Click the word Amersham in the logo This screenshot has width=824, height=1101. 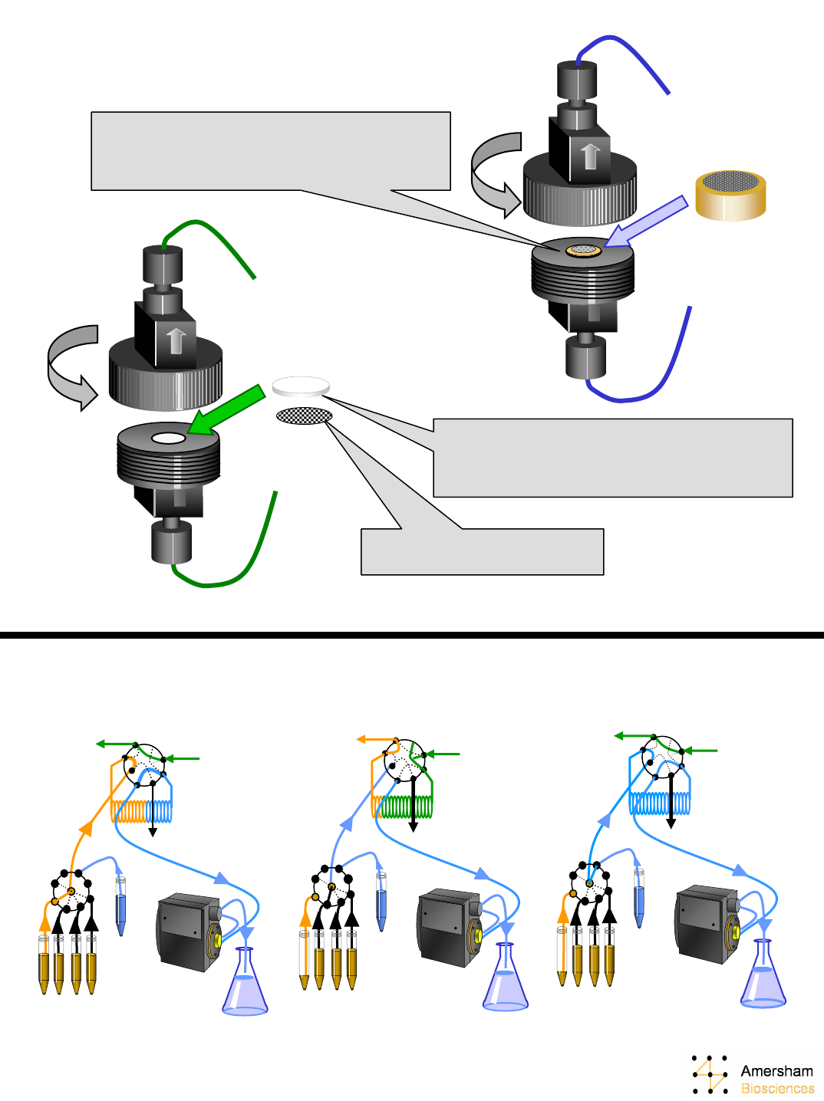point(776,1070)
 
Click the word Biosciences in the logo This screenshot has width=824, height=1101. point(777,1088)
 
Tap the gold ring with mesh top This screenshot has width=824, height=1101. point(730,195)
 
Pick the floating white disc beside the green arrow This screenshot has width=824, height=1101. point(301,387)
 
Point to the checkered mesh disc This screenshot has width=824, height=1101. point(304,416)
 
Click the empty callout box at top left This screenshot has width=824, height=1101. point(270,151)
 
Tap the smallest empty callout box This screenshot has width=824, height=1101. point(482,551)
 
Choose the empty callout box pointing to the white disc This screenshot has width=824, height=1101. point(612,458)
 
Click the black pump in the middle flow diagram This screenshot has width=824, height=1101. point(448,928)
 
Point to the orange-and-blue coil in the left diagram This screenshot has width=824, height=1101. point(142,811)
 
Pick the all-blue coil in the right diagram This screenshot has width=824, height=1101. point(659,803)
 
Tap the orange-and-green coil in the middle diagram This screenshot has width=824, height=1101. point(402,807)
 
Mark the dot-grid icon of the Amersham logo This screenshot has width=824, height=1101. point(710,1074)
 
